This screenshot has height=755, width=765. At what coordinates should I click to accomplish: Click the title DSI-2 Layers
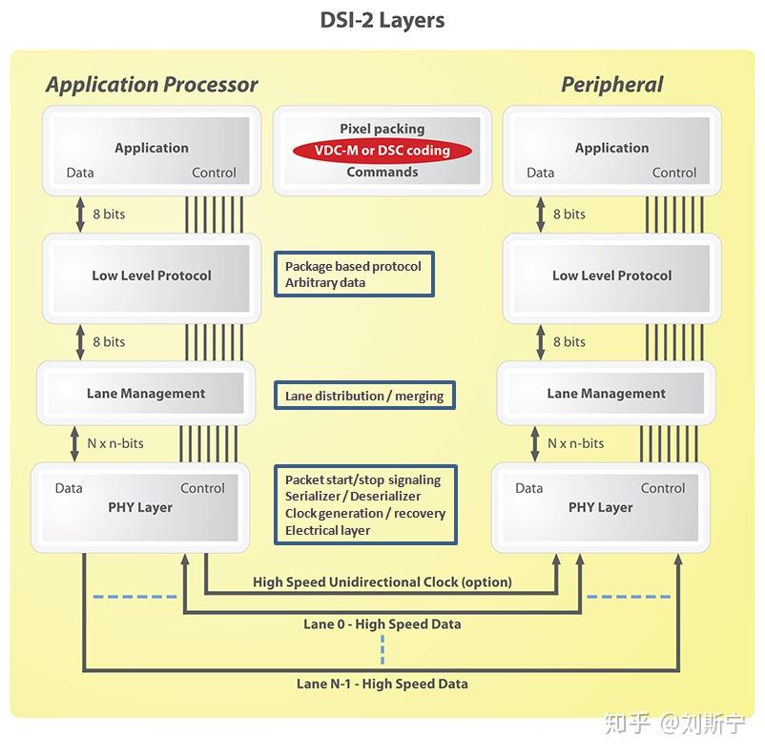point(382,20)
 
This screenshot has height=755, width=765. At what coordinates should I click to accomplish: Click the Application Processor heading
point(152,85)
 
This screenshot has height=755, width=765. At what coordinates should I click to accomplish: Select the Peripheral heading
point(611,85)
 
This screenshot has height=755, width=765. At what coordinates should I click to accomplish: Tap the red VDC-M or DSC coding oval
point(382,151)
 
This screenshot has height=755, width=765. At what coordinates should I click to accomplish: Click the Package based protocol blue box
point(353,275)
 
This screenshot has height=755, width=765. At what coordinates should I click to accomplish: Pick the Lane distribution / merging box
point(364,396)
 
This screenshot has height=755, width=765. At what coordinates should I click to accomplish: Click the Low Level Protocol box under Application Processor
point(152,275)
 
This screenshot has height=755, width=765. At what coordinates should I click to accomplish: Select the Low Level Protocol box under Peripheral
point(611,275)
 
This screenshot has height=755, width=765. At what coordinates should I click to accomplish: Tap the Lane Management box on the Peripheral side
point(606,393)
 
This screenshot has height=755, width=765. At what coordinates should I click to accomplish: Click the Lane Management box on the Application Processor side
point(146,393)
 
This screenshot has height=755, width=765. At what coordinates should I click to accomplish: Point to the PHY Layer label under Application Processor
point(140,507)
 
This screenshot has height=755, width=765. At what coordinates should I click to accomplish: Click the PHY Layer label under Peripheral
point(600,507)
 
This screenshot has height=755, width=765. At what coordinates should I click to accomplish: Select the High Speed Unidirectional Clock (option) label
point(382,582)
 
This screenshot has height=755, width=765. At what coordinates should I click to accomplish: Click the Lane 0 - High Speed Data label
point(382,624)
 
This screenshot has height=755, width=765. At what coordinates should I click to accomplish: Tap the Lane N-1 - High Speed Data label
point(382,684)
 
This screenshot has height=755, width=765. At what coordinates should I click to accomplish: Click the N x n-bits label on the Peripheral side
point(575,443)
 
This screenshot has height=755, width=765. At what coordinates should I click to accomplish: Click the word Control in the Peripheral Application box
point(673,173)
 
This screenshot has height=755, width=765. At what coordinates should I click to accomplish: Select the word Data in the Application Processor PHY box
point(69,488)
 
